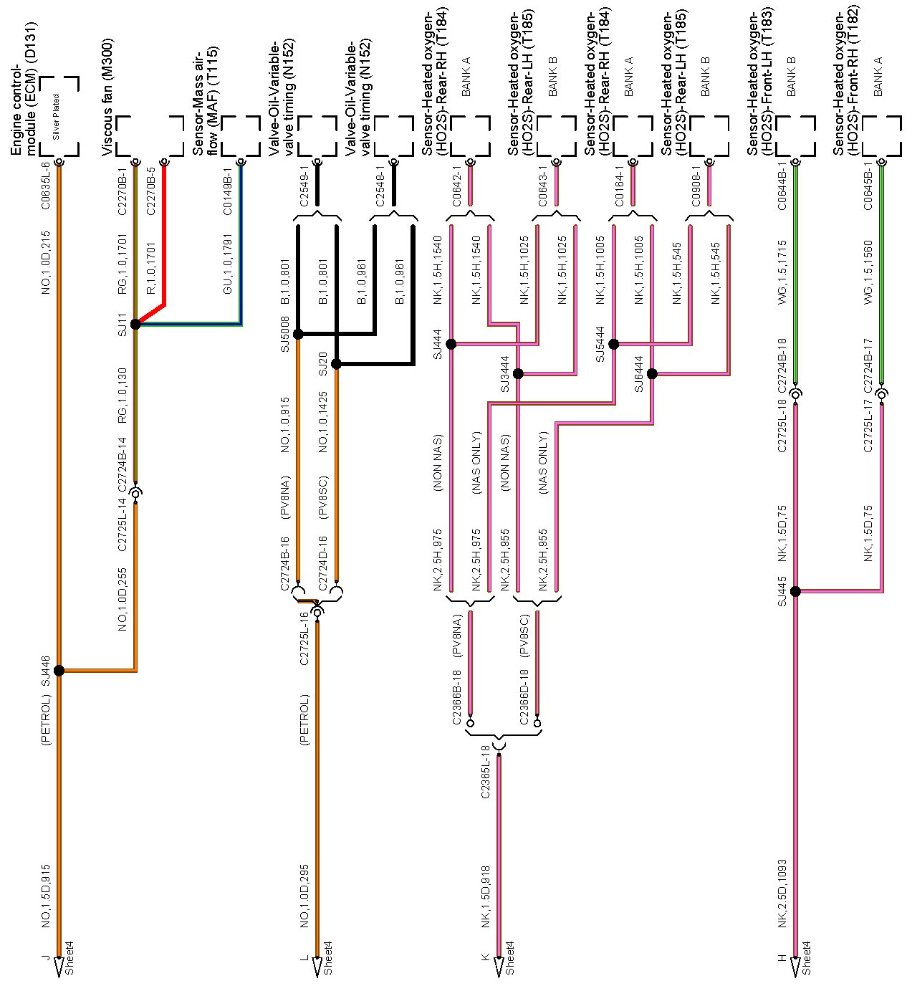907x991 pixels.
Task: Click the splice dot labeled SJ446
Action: (59, 671)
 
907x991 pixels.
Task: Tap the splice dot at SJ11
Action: (135, 324)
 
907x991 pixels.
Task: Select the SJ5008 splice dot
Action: (298, 334)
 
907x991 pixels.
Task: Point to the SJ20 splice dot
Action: (336, 364)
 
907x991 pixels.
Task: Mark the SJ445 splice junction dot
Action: (795, 591)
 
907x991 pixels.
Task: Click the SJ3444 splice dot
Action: (518, 373)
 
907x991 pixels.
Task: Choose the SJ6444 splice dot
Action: (652, 373)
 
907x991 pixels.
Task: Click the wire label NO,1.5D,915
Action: (45, 896)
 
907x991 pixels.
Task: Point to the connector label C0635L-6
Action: (45, 186)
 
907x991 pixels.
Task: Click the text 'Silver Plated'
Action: (56, 117)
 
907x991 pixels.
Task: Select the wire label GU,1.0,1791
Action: (227, 264)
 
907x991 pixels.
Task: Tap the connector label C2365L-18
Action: (485, 772)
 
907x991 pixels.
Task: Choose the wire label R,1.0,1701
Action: (151, 268)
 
